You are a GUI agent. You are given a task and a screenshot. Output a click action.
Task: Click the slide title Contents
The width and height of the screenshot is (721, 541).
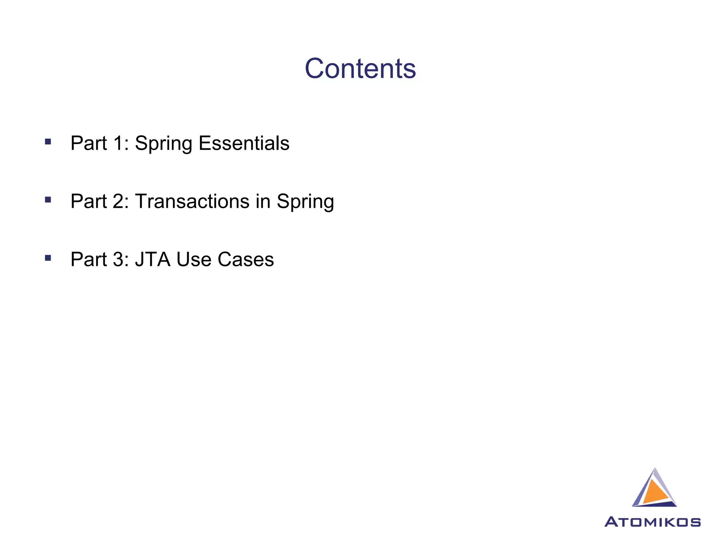click(x=360, y=68)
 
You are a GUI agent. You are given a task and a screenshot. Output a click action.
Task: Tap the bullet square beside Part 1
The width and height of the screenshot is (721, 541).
click(x=48, y=142)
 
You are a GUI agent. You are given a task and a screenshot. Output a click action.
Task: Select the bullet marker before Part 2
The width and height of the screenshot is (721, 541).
click(x=48, y=200)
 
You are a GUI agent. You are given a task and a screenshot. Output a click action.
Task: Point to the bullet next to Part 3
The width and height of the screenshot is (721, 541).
click(x=48, y=258)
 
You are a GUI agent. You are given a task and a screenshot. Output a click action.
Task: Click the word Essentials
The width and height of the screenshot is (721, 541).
click(x=244, y=143)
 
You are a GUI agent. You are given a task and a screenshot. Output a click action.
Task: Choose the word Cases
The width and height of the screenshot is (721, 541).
click(x=245, y=259)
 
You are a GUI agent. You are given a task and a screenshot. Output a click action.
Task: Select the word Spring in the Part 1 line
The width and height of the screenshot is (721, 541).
click(x=163, y=144)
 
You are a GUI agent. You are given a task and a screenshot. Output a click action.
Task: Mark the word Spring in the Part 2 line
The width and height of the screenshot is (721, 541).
click(x=305, y=202)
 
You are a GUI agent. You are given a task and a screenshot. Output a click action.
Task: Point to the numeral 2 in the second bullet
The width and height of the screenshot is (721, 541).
click(x=119, y=201)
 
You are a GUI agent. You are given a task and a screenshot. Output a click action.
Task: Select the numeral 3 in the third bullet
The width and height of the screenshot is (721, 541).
click(x=119, y=259)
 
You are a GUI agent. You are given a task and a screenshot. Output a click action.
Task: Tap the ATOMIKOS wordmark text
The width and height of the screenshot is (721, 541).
click(x=652, y=522)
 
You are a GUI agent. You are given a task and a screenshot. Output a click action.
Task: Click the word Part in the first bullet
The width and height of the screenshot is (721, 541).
click(x=88, y=143)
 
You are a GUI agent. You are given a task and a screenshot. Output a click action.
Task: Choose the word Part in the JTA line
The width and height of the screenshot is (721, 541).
click(x=88, y=259)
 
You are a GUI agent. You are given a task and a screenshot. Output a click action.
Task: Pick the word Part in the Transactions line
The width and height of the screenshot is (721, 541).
click(x=88, y=201)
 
